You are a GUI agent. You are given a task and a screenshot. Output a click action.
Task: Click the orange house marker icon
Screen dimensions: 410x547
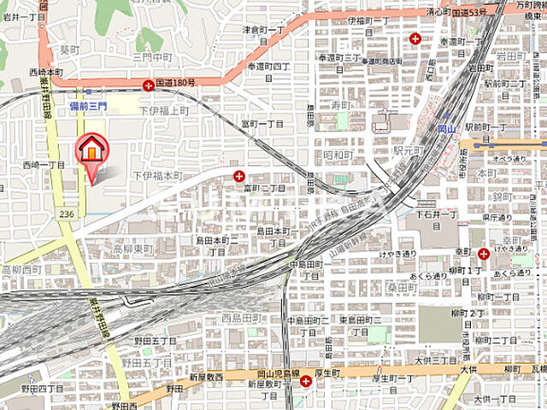click(90, 149)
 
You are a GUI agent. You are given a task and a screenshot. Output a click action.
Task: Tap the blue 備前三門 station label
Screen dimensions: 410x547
click(88, 105)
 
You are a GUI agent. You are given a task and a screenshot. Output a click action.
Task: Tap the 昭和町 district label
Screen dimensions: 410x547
click(338, 155)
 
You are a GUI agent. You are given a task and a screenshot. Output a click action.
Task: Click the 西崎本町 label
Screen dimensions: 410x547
click(45, 72)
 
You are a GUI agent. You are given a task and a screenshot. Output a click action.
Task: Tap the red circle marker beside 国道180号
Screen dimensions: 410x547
click(150, 85)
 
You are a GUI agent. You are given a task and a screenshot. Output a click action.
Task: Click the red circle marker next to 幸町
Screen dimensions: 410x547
click(484, 253)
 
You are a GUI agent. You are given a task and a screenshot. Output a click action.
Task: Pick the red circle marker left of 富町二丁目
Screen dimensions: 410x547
click(238, 175)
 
